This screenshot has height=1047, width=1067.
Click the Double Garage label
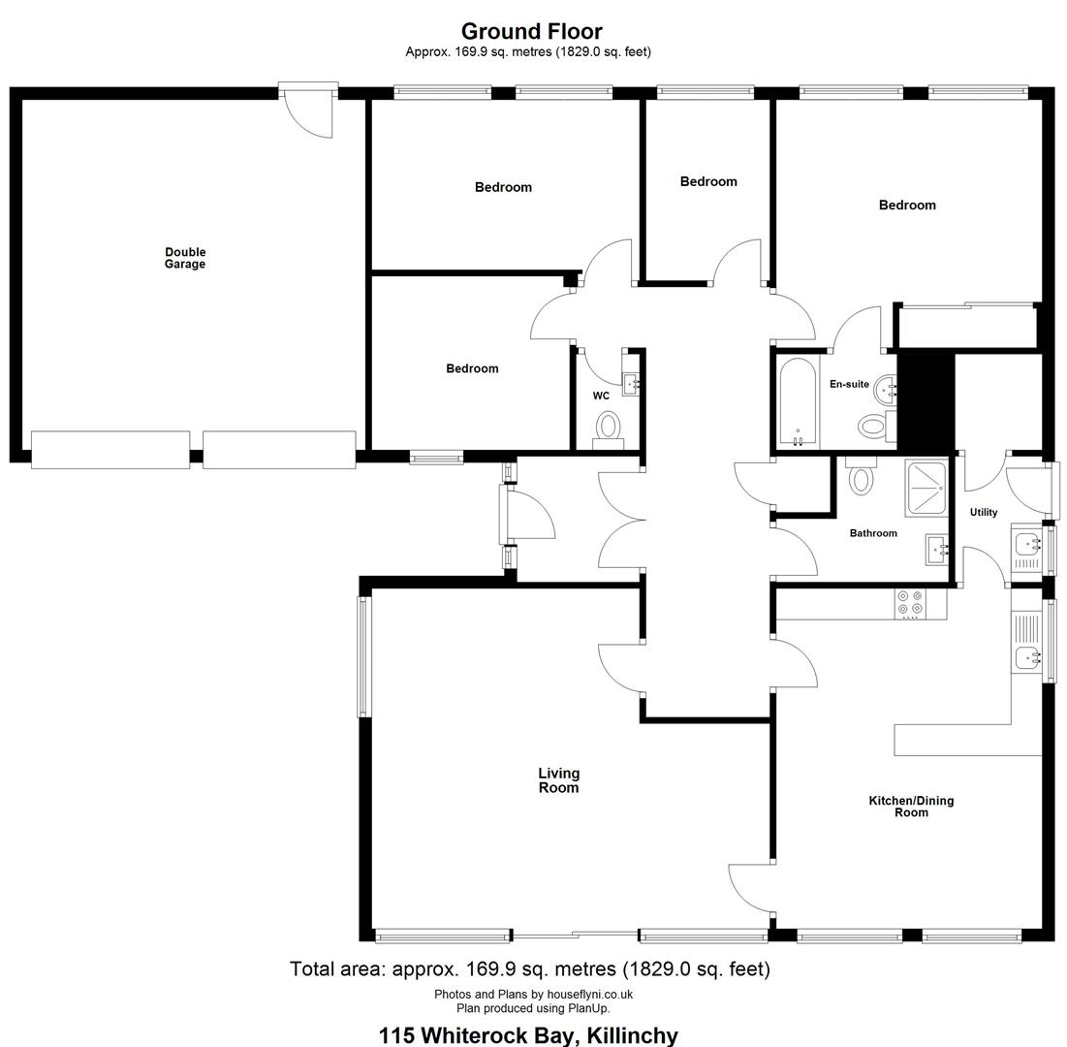click(185, 258)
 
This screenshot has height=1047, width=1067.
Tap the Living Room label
click(558, 780)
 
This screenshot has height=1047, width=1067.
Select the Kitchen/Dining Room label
click(911, 806)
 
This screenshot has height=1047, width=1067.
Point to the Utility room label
click(984, 512)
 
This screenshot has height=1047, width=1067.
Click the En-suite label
click(849, 384)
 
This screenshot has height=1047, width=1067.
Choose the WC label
click(601, 396)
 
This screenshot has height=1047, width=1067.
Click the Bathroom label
click(873, 533)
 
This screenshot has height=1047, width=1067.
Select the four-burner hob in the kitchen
click(911, 603)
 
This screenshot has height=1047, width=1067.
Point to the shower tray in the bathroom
click(926, 488)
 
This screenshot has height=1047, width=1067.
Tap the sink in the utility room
click(1026, 545)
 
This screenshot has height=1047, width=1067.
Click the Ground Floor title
click(531, 31)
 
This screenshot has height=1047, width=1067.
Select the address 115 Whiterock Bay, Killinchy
click(528, 1035)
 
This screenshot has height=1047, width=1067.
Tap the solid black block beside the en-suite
click(926, 401)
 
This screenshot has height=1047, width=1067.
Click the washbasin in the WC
click(631, 384)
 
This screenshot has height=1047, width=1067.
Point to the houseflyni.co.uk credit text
click(533, 994)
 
